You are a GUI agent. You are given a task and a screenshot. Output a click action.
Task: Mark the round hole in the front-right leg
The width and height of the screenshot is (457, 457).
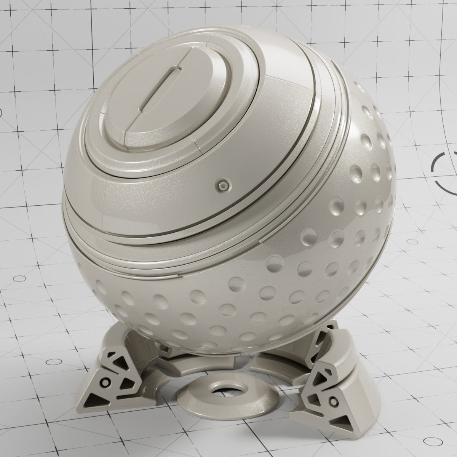tap(334, 401)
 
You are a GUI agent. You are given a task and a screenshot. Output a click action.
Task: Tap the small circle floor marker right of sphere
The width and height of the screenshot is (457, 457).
tap(412, 241)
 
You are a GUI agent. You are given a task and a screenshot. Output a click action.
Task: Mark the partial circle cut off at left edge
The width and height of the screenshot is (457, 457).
tap(1, 112)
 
